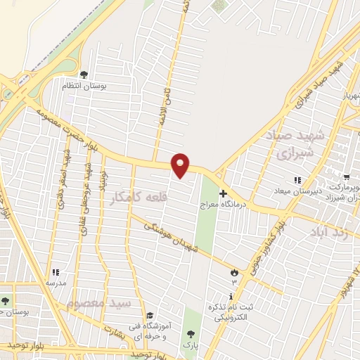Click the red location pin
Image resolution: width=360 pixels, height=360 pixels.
click(181, 165)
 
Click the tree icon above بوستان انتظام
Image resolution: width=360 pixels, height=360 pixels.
click(84, 74)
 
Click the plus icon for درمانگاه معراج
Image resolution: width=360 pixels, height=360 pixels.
click(224, 193)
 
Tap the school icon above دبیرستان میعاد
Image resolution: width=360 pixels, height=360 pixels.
click(297, 181)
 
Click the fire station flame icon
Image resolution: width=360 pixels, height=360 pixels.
click(235, 271)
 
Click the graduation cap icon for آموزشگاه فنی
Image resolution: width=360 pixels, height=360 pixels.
click(150, 314)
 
